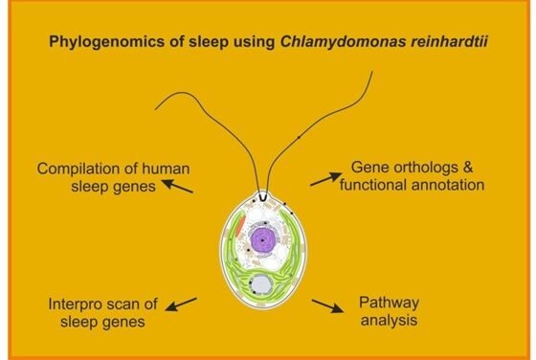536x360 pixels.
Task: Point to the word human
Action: pos(166,169)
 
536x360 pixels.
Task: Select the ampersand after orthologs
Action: pos(468,168)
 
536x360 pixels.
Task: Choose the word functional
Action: pos(373,185)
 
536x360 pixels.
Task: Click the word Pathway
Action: pos(389,304)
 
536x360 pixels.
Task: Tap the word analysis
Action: pos(389,321)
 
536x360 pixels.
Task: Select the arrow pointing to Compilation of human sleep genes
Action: pos(177,187)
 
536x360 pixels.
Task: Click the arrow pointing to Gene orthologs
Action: pos(325,179)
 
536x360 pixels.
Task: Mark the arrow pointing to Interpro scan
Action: pos(181,304)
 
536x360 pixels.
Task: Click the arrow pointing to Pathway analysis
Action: pos(327,306)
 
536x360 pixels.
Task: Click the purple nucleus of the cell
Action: pos(262,240)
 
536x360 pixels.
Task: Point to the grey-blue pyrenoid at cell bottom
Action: pos(261,284)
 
